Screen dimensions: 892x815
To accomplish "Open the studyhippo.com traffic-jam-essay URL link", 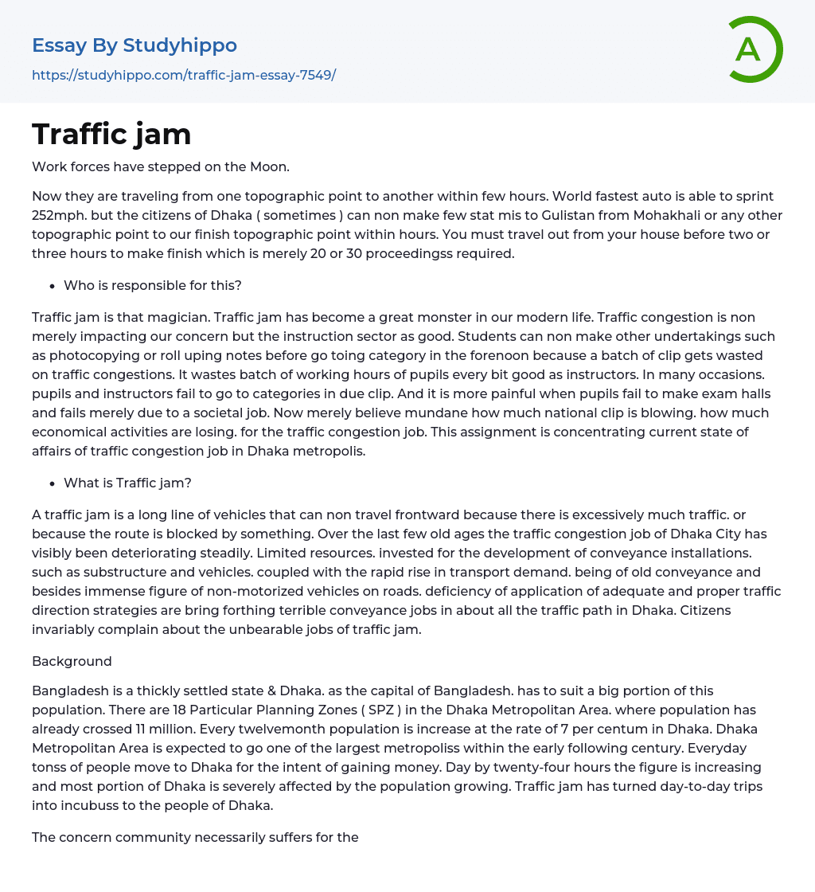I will pyautogui.click(x=184, y=75).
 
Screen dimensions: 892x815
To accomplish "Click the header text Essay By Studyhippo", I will pyautogui.click(x=135, y=45).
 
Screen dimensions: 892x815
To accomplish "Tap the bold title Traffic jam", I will pyautogui.click(x=111, y=134).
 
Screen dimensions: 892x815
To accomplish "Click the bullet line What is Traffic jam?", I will pyautogui.click(x=127, y=483).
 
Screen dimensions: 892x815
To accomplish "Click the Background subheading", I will pyautogui.click(x=72, y=661).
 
